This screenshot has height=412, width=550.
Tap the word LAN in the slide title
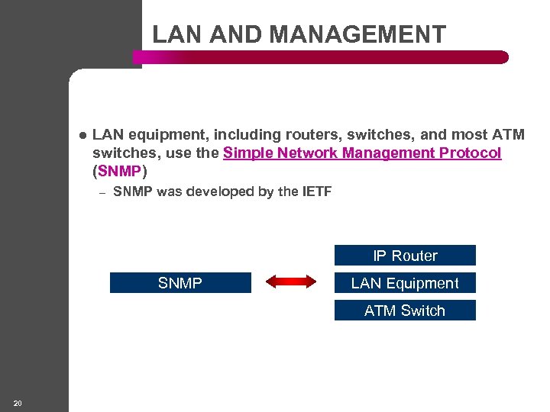(x=175, y=34)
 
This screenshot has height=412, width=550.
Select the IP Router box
(x=405, y=256)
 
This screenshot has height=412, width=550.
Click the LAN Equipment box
(x=405, y=283)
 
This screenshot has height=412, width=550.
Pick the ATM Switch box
(x=405, y=311)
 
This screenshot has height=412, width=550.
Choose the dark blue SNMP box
(x=180, y=283)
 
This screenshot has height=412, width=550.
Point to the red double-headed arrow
(x=291, y=283)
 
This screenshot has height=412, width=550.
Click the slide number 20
(x=18, y=403)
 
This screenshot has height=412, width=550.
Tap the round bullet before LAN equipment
(x=82, y=136)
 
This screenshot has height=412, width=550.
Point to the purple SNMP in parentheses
(x=119, y=171)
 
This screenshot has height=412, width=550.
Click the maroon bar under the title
(x=321, y=57)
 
